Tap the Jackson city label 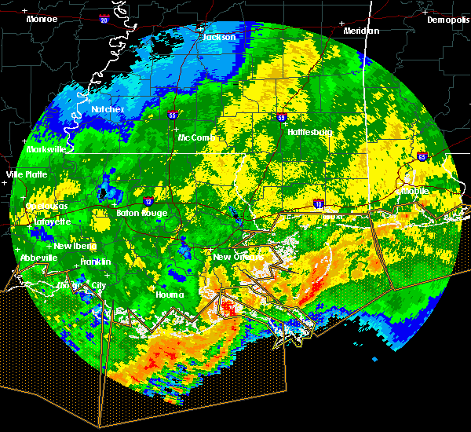219,37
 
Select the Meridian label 361,31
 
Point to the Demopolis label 447,20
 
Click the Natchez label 108,109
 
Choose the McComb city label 196,137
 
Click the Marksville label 46,149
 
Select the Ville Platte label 26,174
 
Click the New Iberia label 74,247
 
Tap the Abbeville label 39,258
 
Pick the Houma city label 169,295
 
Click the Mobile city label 414,191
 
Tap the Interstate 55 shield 173,115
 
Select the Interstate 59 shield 281,118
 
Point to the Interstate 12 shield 148,201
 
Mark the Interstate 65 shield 422,156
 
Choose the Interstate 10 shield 318,204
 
